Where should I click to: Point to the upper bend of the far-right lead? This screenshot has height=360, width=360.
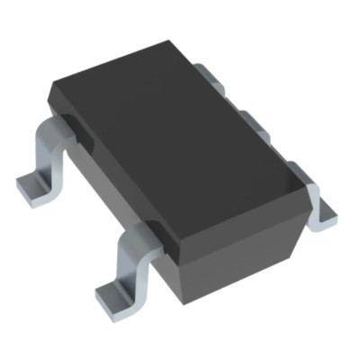click(301, 171)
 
